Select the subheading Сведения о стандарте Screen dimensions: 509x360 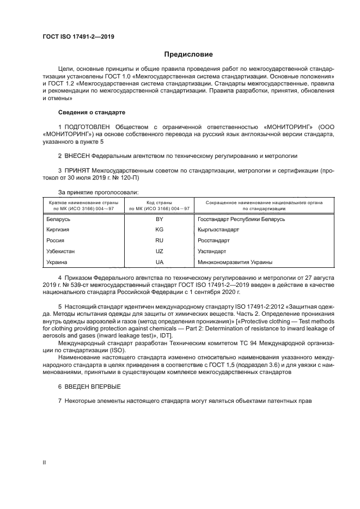click(x=91, y=112)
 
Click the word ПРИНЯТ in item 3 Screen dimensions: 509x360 click(x=77, y=170)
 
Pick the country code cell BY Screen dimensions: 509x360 click(x=160, y=219)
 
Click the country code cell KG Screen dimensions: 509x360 click(x=160, y=230)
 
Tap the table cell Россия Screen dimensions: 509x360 click(x=56, y=241)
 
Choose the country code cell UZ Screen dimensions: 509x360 click(x=160, y=252)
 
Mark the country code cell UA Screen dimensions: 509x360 click(x=160, y=262)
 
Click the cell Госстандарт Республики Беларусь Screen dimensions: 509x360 click(x=241, y=219)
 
